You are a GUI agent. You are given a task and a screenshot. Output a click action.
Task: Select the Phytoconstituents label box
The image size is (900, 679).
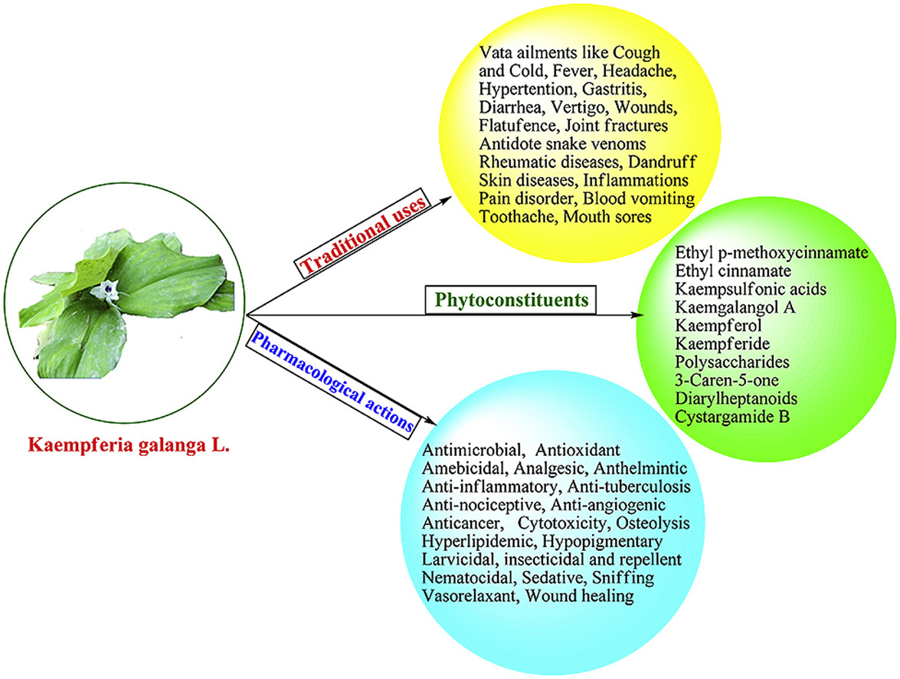511,300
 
